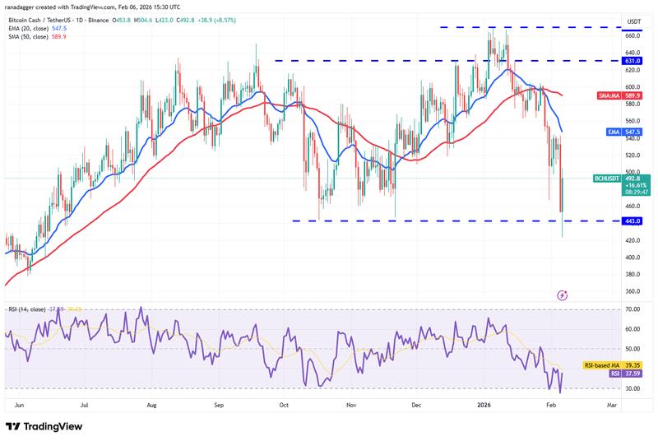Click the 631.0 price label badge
click(610, 60)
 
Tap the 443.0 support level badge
click(610, 221)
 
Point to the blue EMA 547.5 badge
click(610, 132)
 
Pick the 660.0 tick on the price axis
click(610, 35)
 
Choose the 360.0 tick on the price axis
click(610, 291)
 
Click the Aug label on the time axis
click(152, 405)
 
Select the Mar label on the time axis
click(611, 405)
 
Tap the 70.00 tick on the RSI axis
click(610, 309)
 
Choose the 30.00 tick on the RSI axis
click(610, 388)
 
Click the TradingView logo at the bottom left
click(48, 426)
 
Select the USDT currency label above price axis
click(610, 21)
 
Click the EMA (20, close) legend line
click(38, 26)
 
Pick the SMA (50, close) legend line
click(38, 35)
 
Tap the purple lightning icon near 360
click(563, 295)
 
